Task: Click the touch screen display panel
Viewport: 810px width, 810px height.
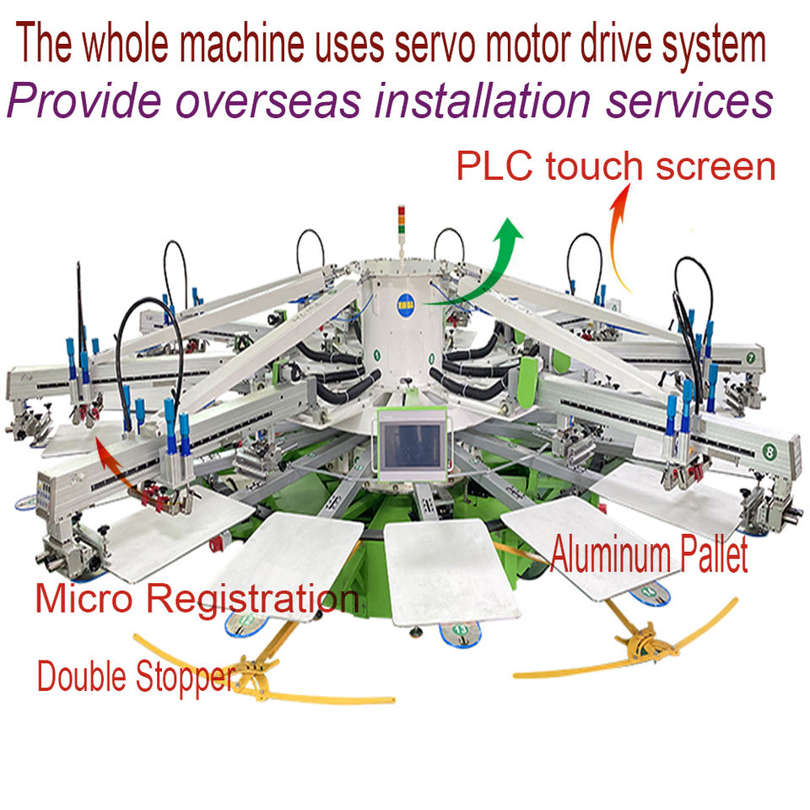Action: (411, 444)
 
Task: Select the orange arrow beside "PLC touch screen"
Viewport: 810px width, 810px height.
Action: (620, 240)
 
